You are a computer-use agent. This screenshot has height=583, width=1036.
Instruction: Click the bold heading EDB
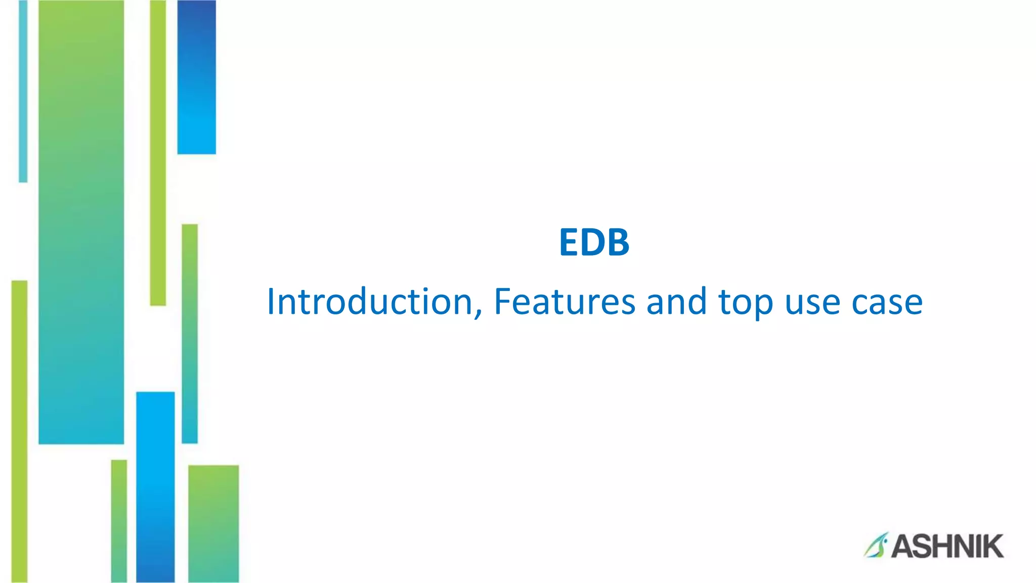(x=594, y=242)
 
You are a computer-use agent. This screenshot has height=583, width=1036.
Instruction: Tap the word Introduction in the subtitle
(x=370, y=302)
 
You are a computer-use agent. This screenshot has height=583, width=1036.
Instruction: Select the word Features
(x=564, y=302)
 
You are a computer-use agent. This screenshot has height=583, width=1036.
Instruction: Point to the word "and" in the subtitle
(x=676, y=302)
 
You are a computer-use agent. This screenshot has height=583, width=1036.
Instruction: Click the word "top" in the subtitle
(x=746, y=304)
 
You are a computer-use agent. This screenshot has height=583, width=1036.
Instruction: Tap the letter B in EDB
(x=617, y=242)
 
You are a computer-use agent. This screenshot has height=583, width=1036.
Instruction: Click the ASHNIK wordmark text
(x=947, y=547)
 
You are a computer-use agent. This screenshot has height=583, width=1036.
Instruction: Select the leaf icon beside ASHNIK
(x=876, y=546)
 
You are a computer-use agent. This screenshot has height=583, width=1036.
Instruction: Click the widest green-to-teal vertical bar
(x=81, y=223)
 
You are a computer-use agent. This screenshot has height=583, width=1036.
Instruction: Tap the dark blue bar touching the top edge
(x=196, y=76)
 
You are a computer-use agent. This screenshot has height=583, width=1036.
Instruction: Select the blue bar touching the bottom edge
(x=155, y=486)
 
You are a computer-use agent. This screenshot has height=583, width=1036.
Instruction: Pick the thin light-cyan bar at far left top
(x=23, y=91)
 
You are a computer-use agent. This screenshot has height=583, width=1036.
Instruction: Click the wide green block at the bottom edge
(x=213, y=523)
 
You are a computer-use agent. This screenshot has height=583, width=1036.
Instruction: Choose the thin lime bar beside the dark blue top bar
(x=158, y=152)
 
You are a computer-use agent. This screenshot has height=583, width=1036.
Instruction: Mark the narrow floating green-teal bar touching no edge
(x=190, y=334)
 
